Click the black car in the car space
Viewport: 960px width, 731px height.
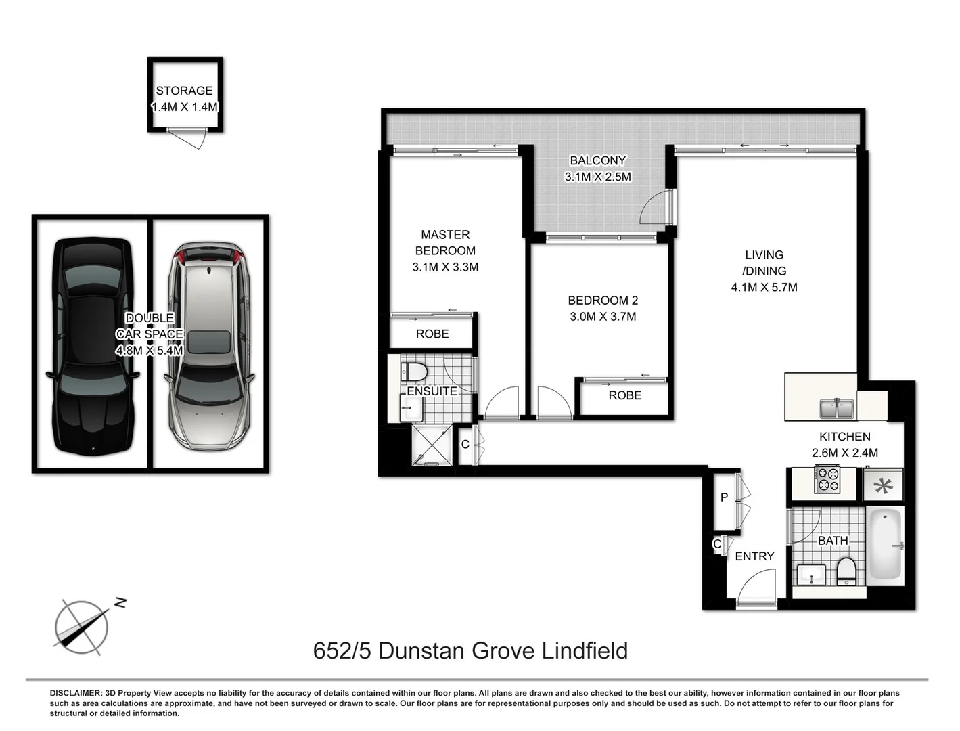[x=92, y=345]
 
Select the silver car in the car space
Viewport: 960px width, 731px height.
[x=208, y=345]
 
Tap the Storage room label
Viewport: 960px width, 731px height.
[x=184, y=91]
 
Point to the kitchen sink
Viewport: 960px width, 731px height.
[x=837, y=408]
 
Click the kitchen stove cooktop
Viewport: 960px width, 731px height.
[x=827, y=480]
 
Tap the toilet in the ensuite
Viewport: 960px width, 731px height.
[x=413, y=372]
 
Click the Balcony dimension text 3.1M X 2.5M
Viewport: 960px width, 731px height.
[x=598, y=177]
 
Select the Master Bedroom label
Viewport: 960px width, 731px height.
[x=445, y=242]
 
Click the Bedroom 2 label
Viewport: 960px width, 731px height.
[x=603, y=300]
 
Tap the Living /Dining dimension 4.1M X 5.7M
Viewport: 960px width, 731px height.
[x=764, y=288]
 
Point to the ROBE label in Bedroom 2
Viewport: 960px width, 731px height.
[x=624, y=395]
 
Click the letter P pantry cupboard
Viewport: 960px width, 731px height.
[x=724, y=497]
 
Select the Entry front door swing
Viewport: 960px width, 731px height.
[x=758, y=586]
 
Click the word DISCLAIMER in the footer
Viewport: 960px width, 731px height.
[x=74, y=693]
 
